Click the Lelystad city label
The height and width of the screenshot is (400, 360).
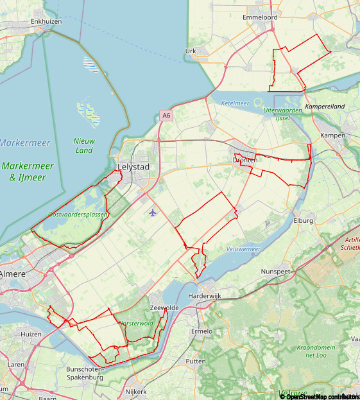coord(133,167)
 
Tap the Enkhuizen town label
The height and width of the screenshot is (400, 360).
coord(46,21)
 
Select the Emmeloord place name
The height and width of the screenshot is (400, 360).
coord(259,17)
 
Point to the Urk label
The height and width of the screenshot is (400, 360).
coord(191,51)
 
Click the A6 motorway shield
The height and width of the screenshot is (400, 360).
coord(167,116)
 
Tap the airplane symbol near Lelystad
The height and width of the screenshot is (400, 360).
coord(153,213)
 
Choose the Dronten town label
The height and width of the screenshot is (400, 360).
coord(244,159)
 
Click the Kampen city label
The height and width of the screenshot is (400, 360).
coord(333,135)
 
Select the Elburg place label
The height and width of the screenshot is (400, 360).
coord(303,221)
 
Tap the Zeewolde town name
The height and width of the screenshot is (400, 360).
coord(164,308)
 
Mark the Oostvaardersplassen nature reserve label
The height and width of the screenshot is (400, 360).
coord(78,214)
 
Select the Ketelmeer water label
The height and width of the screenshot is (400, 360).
coord(235,103)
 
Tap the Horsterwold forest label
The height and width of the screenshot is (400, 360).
coord(137,323)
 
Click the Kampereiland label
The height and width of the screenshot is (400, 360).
coord(325,106)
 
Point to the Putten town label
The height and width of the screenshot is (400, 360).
coord(196,361)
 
